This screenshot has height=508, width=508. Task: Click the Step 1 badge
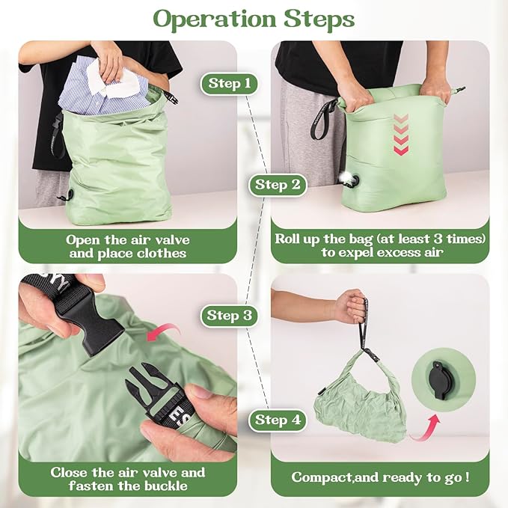coord(230,84)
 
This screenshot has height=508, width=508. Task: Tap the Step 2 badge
coord(278,185)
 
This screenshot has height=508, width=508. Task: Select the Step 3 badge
coord(230,316)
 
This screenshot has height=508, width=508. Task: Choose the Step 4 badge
coord(278,420)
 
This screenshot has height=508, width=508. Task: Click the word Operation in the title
coord(215,19)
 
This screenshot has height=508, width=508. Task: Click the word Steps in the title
coord(319,19)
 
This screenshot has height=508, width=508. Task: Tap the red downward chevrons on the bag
coord(401,134)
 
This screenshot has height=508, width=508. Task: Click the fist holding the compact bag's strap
coord(352,306)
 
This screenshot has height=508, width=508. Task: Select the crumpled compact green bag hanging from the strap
coord(360,399)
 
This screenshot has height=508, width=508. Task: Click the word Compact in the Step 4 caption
coord(321,477)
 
